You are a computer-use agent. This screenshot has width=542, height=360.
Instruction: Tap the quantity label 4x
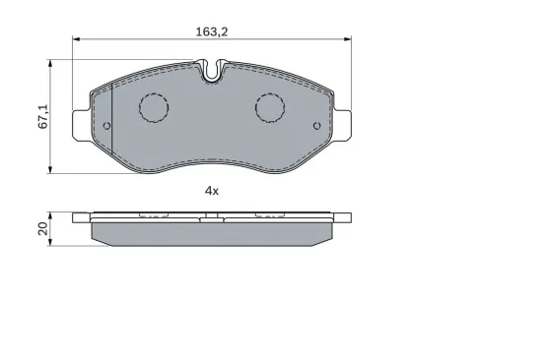[x=211, y=190]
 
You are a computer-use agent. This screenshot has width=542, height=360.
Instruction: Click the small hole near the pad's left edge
[x=106, y=126]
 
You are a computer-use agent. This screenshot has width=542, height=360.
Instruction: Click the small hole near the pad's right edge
[x=316, y=126]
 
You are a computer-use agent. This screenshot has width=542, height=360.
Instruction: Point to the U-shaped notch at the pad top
[x=213, y=71]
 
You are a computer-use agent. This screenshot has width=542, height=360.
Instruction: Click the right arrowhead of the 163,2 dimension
[x=347, y=40]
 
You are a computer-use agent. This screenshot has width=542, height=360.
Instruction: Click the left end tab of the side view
[x=83, y=214]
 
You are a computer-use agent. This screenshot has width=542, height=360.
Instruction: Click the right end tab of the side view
[x=342, y=214]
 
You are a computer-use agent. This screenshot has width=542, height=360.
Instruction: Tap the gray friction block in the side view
[x=213, y=233]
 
